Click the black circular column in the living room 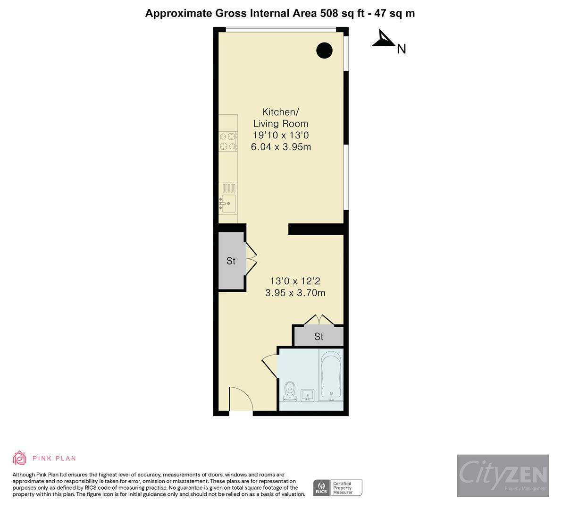[x=324, y=50]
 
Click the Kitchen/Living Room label [x=280, y=118]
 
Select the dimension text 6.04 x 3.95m [x=281, y=147]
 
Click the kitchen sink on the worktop [x=228, y=203]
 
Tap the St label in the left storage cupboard [x=231, y=261]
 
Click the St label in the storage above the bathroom [x=319, y=337]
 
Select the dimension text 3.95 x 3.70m [x=295, y=293]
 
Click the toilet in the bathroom [x=290, y=391]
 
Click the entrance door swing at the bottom [x=240, y=399]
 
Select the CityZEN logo [x=503, y=475]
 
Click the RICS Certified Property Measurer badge [x=338, y=487]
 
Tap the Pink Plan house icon [x=20, y=458]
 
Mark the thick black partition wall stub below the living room [x=316, y=229]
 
